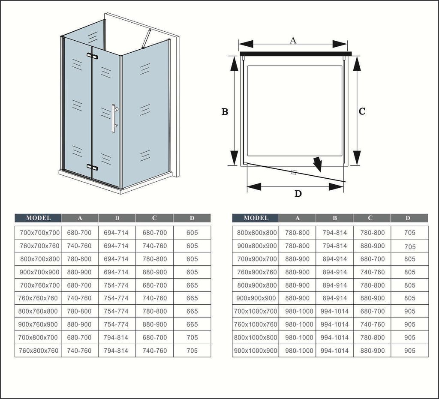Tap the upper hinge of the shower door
click(93, 56)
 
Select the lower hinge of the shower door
click(93, 167)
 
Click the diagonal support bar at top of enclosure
click(147, 39)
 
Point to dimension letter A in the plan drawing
click(293, 41)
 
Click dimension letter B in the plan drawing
click(225, 111)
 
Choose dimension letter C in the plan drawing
click(362, 111)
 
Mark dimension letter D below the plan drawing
click(298, 193)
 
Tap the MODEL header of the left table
click(38, 218)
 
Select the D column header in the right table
click(408, 218)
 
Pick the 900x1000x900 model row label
click(256, 351)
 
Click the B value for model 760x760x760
click(116, 298)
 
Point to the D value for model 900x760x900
click(192, 324)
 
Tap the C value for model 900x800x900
click(373, 246)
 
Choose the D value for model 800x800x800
click(410, 233)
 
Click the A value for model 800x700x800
click(79, 259)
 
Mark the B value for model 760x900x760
click(334, 272)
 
